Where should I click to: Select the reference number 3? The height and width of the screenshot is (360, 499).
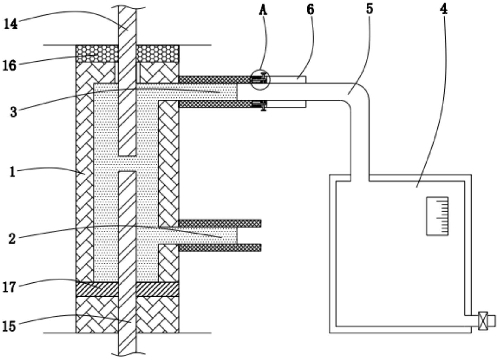pyautogui.click(x=13, y=112)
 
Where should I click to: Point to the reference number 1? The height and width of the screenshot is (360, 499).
pyautogui.click(x=12, y=172)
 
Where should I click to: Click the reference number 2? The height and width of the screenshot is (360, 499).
pyautogui.click(x=12, y=238)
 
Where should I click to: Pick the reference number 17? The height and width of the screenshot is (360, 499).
pyautogui.click(x=9, y=287)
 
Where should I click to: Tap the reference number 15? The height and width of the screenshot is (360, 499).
pyautogui.click(x=9, y=326)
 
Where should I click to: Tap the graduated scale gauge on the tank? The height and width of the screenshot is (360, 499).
pyautogui.click(x=437, y=216)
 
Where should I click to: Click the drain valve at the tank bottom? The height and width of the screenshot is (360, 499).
pyautogui.click(x=483, y=321)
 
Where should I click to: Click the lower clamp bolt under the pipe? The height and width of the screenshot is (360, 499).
pyautogui.click(x=263, y=106)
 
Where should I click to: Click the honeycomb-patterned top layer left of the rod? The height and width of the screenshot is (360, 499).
pyautogui.click(x=97, y=54)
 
